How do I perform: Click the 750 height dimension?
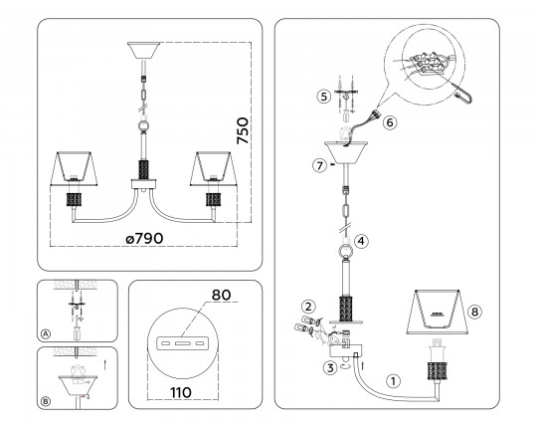click(x=243, y=130)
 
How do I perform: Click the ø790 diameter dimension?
click(x=144, y=239)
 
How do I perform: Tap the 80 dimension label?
click(x=221, y=295)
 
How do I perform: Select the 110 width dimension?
click(x=181, y=392)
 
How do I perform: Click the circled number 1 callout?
click(x=393, y=380)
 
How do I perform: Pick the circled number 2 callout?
click(x=308, y=307)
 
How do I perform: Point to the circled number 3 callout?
click(x=330, y=368)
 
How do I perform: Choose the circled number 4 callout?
click(x=361, y=241)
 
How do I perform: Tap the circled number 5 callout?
click(x=323, y=97)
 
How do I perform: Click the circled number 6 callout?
click(x=390, y=122)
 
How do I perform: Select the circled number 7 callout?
click(x=319, y=166)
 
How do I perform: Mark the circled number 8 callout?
click(x=474, y=312)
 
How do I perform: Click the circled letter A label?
click(x=46, y=333)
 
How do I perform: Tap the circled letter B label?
click(x=46, y=401)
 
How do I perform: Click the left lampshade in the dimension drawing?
click(x=74, y=168)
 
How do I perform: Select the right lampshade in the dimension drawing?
click(x=214, y=168)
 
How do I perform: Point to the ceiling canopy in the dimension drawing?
click(x=143, y=51)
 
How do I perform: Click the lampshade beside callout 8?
click(x=438, y=312)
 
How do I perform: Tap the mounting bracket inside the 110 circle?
click(x=181, y=343)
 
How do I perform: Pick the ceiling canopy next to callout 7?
click(x=346, y=152)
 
